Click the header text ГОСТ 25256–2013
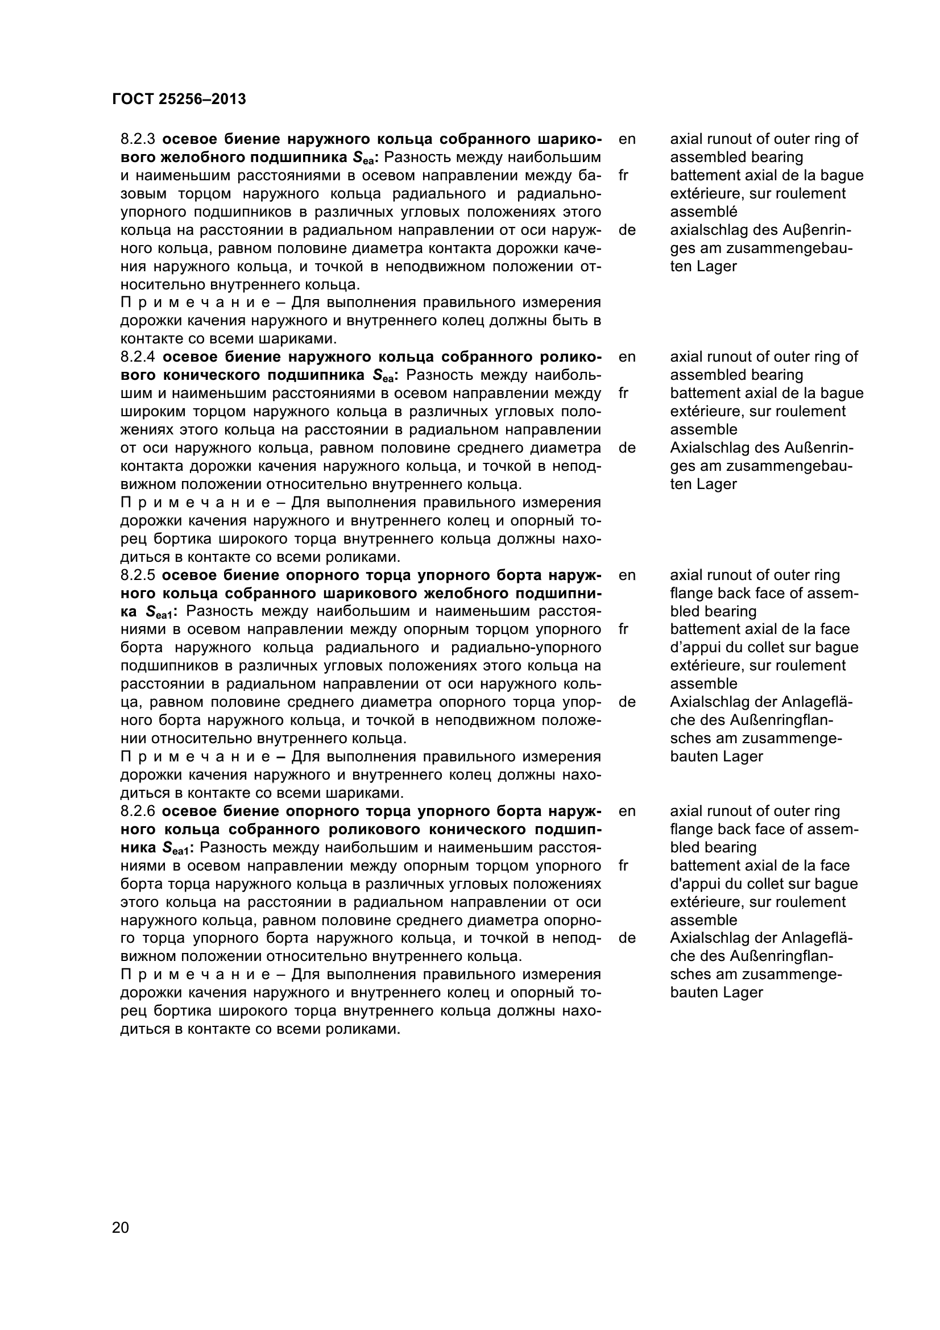tap(179, 100)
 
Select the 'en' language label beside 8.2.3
tap(627, 139)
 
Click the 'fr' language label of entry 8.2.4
tap(623, 393)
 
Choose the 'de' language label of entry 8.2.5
tap(627, 702)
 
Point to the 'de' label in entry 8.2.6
tap(627, 938)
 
